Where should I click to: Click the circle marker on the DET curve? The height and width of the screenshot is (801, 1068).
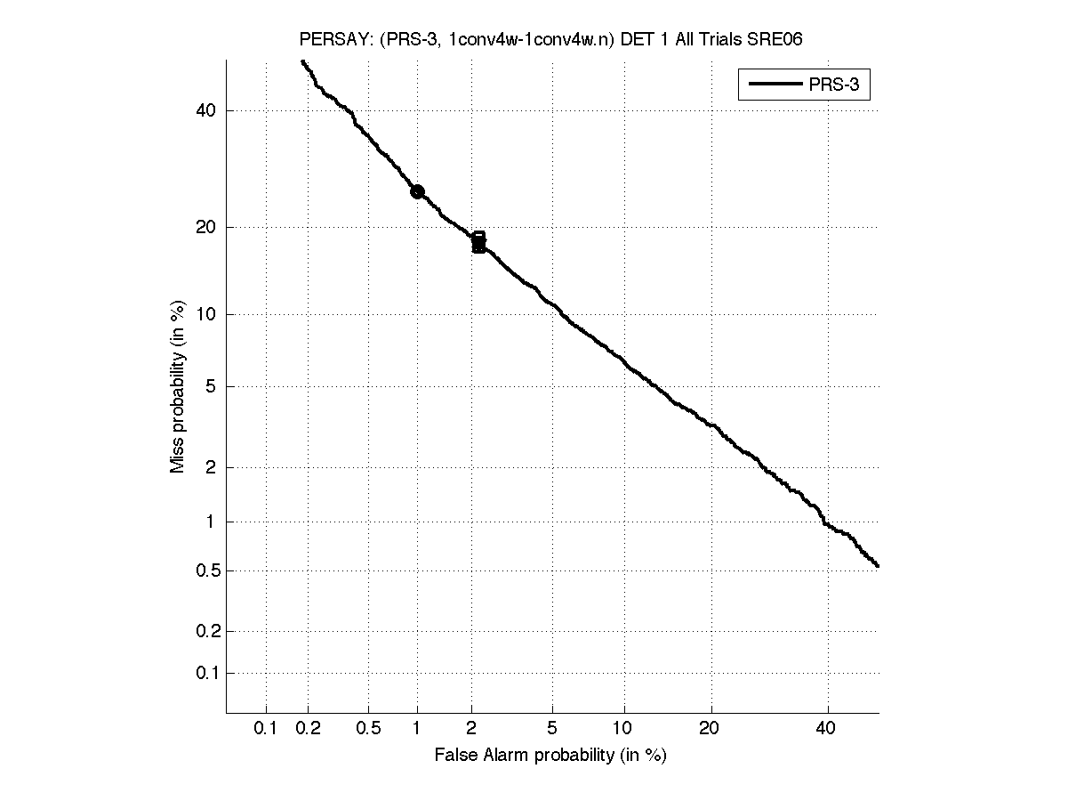(x=417, y=191)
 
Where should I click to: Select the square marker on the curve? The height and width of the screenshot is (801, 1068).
(x=478, y=241)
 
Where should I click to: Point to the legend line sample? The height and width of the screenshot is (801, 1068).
(x=775, y=85)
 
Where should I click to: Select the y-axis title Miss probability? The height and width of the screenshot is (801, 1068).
(x=178, y=386)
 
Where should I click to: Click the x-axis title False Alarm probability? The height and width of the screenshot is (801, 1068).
(x=550, y=755)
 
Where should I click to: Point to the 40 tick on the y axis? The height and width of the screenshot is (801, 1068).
(x=207, y=110)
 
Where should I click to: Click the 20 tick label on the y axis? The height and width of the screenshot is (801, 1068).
(x=207, y=227)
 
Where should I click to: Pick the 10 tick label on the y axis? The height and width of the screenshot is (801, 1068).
(x=207, y=314)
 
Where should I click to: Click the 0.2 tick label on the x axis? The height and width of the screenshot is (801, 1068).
(x=309, y=728)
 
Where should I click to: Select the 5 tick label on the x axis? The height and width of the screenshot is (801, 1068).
(x=552, y=728)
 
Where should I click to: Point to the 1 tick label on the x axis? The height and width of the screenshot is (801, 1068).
(x=417, y=728)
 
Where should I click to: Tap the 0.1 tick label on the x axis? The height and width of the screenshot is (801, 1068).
(x=266, y=728)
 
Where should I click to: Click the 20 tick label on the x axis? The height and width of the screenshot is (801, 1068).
(x=709, y=728)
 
